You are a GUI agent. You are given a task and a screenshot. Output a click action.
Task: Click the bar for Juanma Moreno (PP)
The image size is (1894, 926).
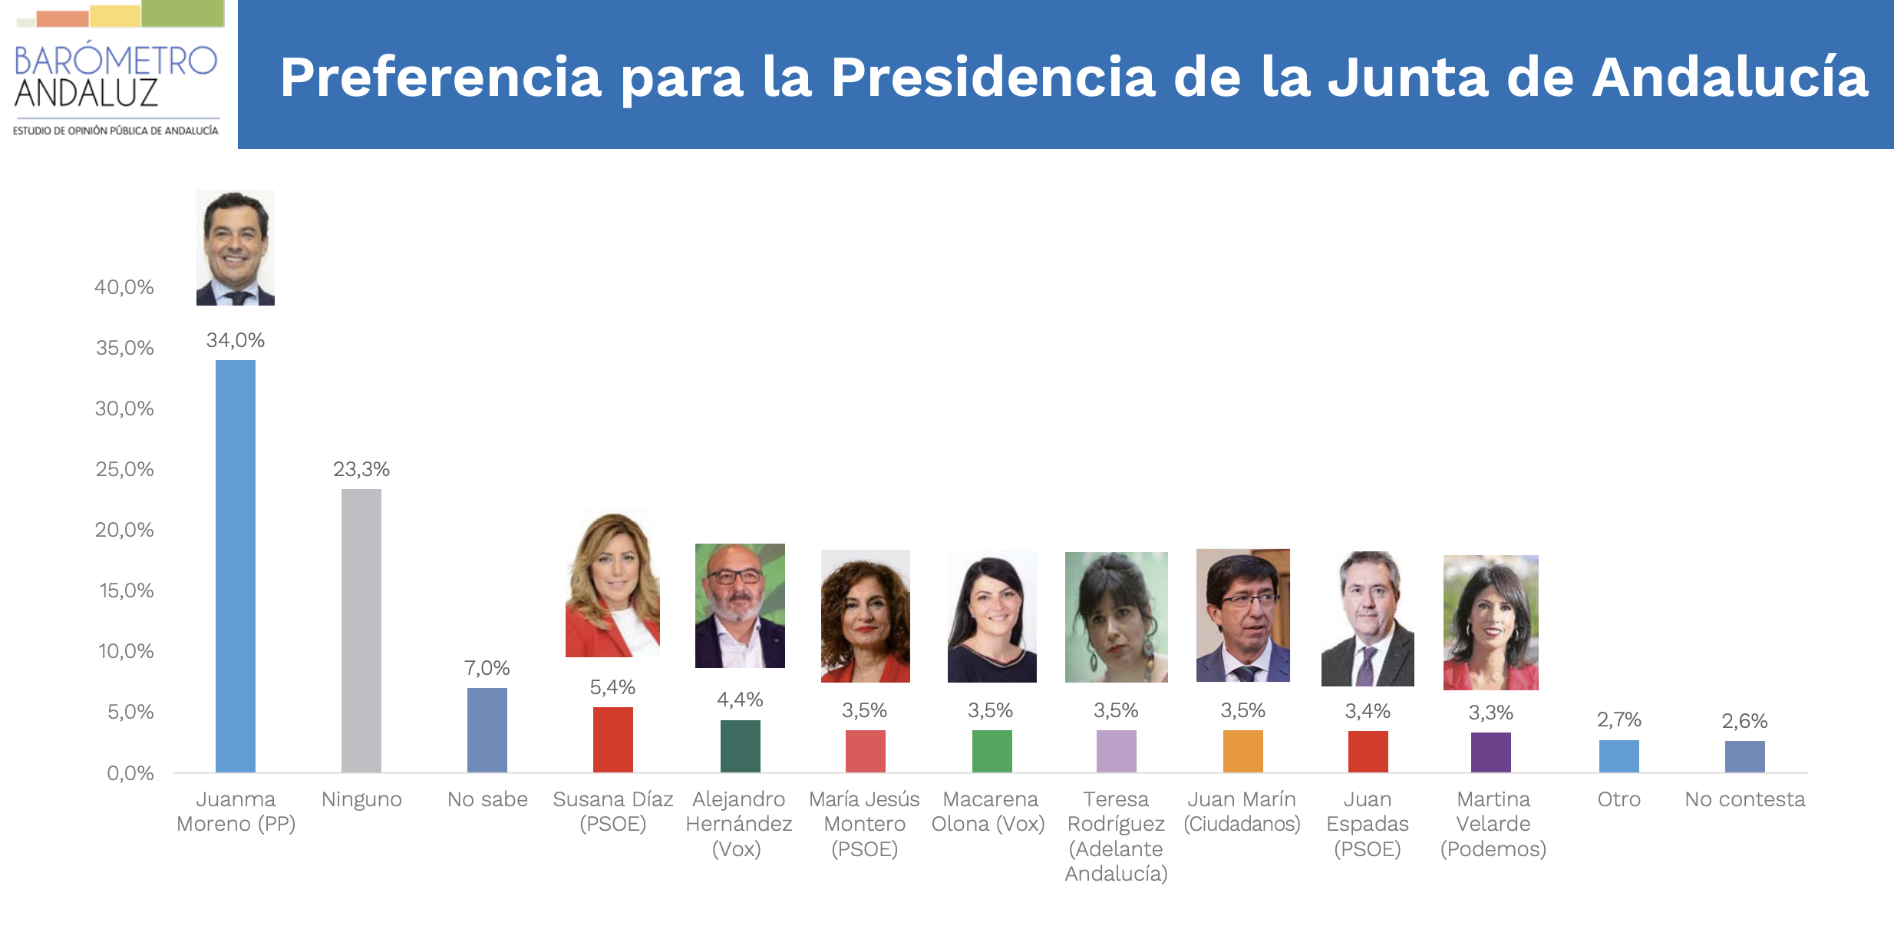click(235, 566)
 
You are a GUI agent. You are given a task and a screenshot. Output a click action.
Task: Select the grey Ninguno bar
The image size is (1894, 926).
click(361, 630)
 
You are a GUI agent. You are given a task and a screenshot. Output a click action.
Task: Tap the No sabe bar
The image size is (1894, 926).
click(487, 729)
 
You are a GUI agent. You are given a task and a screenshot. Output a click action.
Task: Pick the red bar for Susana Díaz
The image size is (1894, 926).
click(612, 739)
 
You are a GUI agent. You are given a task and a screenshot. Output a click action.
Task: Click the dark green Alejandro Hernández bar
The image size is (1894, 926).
click(740, 746)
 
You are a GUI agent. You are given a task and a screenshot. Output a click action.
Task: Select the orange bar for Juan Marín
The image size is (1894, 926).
click(1242, 751)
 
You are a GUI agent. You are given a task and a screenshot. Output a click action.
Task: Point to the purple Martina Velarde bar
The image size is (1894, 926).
click(1490, 752)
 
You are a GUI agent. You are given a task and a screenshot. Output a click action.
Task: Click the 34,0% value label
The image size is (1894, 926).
click(235, 340)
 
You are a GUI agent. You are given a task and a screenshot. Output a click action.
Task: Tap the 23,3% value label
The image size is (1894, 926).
click(361, 469)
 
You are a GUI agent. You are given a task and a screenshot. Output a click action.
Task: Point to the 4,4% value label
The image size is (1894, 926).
click(740, 699)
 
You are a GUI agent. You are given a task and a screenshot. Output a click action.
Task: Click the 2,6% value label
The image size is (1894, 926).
click(1744, 721)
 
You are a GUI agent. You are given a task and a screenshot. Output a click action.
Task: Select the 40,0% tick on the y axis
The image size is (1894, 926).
click(124, 287)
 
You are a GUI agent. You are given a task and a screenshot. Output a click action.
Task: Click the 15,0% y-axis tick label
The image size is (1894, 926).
click(126, 590)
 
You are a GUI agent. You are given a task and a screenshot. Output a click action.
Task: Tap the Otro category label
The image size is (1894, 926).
click(1618, 799)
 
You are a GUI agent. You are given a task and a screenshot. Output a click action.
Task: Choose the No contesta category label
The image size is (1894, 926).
click(1744, 799)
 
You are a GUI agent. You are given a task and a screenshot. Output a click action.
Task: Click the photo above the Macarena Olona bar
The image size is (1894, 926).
click(992, 617)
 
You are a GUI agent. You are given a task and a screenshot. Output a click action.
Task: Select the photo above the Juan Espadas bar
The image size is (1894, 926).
click(1368, 619)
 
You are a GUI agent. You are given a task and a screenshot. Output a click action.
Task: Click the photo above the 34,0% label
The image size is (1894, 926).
click(235, 247)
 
